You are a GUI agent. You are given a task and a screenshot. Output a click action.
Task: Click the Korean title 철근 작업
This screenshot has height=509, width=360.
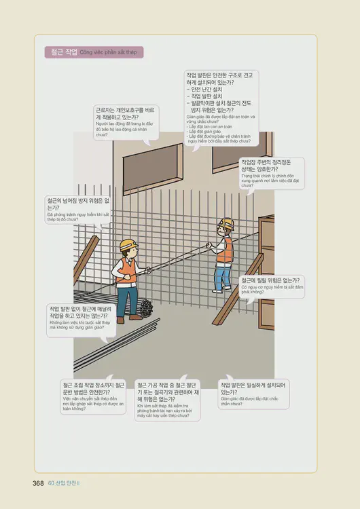tap(62, 52)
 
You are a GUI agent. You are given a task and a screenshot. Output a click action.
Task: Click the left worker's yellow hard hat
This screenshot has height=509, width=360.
tap(128, 245)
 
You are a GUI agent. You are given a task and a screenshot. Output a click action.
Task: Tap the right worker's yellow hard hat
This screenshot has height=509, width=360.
tap(226, 223)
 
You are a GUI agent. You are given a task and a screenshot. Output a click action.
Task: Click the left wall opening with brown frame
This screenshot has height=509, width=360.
tap(141, 163)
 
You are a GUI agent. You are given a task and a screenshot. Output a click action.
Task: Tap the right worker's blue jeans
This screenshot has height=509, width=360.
tap(222, 276)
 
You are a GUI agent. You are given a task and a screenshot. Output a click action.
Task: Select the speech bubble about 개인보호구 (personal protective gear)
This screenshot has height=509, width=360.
tap(125, 121)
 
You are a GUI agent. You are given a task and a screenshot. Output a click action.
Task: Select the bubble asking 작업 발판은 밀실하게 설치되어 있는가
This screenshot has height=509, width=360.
tap(252, 392)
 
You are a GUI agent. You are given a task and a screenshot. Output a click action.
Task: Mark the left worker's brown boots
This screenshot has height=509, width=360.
tap(121, 318)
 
